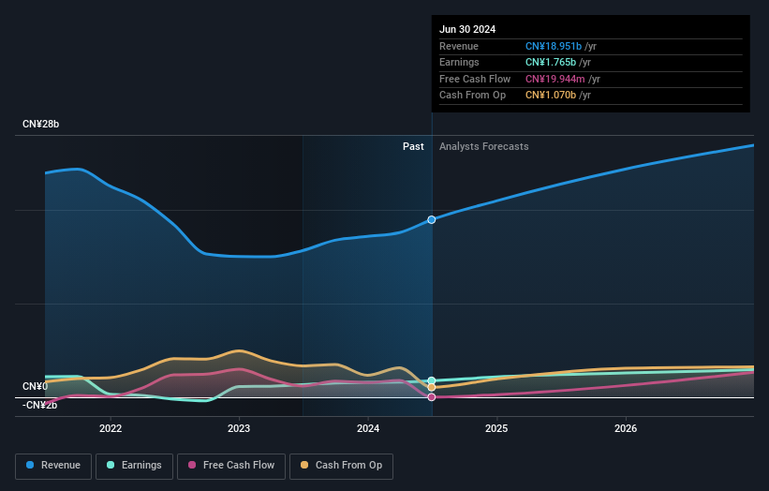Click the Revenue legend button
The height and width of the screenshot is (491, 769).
point(53,465)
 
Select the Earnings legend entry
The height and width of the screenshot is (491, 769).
point(134,465)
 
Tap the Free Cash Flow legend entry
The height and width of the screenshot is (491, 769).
point(231,465)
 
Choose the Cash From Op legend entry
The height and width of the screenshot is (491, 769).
point(341,465)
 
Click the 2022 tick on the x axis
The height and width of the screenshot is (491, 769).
point(111,429)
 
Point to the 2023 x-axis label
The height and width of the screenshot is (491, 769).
point(239,429)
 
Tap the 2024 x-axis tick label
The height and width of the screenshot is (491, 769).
point(368,429)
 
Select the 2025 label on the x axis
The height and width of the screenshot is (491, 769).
point(496,429)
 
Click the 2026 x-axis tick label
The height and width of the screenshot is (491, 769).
point(626,429)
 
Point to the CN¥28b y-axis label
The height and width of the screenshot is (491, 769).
point(41,125)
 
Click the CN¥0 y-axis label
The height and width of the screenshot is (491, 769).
point(36,386)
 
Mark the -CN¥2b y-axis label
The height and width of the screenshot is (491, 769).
point(40,405)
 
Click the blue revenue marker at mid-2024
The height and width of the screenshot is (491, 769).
point(432,219)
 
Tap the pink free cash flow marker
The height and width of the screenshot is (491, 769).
point(432,397)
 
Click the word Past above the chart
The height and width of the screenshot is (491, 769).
point(413,146)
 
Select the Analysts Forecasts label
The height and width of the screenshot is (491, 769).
point(483,146)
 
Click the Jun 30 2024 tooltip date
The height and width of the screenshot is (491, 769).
point(467,29)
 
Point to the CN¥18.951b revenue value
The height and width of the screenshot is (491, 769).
point(554,46)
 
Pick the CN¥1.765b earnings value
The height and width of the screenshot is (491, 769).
point(551,63)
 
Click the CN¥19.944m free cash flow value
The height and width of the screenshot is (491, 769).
point(555,79)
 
